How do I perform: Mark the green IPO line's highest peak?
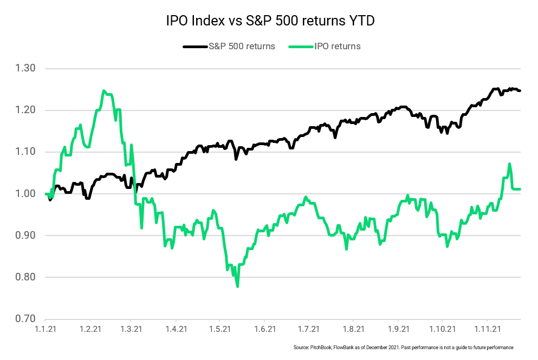pyautogui.click(x=104, y=91)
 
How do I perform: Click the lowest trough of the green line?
pyautogui.click(x=237, y=286)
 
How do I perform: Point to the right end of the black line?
pyautogui.click(x=520, y=90)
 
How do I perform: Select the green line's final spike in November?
pyautogui.click(x=509, y=164)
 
